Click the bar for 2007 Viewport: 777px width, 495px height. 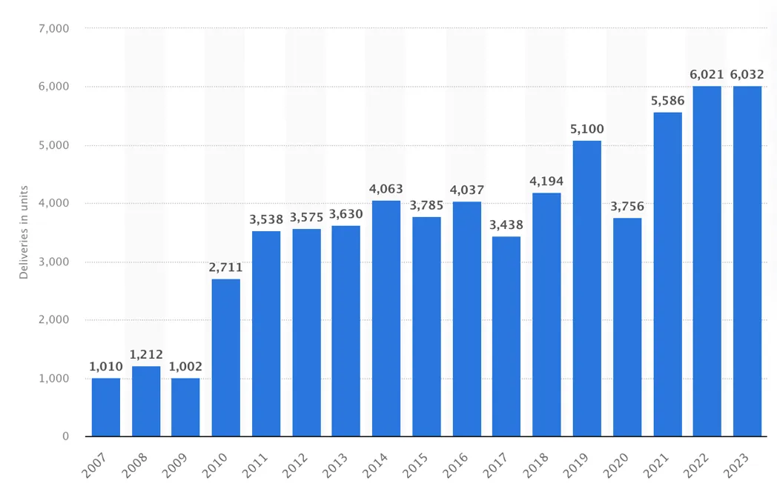106,407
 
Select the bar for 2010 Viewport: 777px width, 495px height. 226,357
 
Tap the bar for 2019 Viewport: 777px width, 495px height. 587,288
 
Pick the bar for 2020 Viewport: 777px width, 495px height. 627,327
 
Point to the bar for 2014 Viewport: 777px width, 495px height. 386,318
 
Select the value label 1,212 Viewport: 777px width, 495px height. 146,355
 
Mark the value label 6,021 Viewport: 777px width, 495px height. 707,75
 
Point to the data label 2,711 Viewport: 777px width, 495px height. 226,268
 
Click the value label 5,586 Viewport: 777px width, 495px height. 667,101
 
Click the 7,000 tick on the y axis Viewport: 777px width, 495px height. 53,29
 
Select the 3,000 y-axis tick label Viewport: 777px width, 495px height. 53,262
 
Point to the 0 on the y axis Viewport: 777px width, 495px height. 65,436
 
